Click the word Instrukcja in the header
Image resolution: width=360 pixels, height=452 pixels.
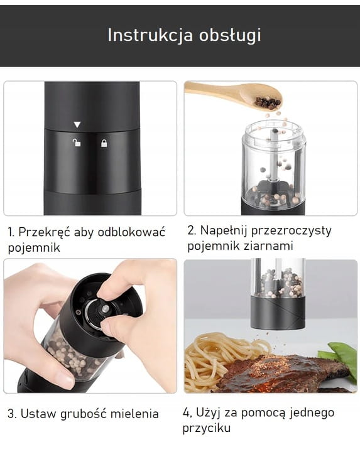point(150,35)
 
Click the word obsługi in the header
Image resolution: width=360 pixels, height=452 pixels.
point(230,35)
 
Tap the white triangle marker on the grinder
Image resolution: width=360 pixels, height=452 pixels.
point(77,124)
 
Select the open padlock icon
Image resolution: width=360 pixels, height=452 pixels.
point(77,143)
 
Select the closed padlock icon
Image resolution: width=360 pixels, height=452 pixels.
point(104,143)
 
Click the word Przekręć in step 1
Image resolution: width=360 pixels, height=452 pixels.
point(45,232)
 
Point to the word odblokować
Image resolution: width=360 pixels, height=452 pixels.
point(131,232)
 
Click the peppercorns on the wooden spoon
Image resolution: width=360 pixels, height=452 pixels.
point(268,102)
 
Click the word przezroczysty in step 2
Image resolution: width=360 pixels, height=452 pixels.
point(291,231)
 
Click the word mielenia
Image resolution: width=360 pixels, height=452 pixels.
point(134,414)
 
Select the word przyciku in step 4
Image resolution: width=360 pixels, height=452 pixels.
point(207,428)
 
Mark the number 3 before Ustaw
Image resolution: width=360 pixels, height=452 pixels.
point(11,414)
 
